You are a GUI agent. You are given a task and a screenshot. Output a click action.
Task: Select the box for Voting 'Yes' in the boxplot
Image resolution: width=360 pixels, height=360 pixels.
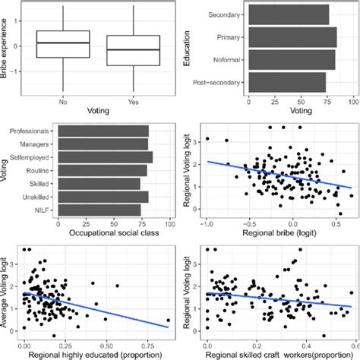132,50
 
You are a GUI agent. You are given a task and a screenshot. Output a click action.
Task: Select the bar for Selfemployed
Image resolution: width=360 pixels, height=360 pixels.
106,156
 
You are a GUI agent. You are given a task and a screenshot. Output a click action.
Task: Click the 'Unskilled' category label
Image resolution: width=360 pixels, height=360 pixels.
43,197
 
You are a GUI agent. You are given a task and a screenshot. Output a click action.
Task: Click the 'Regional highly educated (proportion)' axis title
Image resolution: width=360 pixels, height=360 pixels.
96,354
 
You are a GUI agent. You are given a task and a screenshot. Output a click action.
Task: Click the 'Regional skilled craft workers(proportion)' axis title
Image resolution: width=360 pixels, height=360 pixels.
278,354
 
